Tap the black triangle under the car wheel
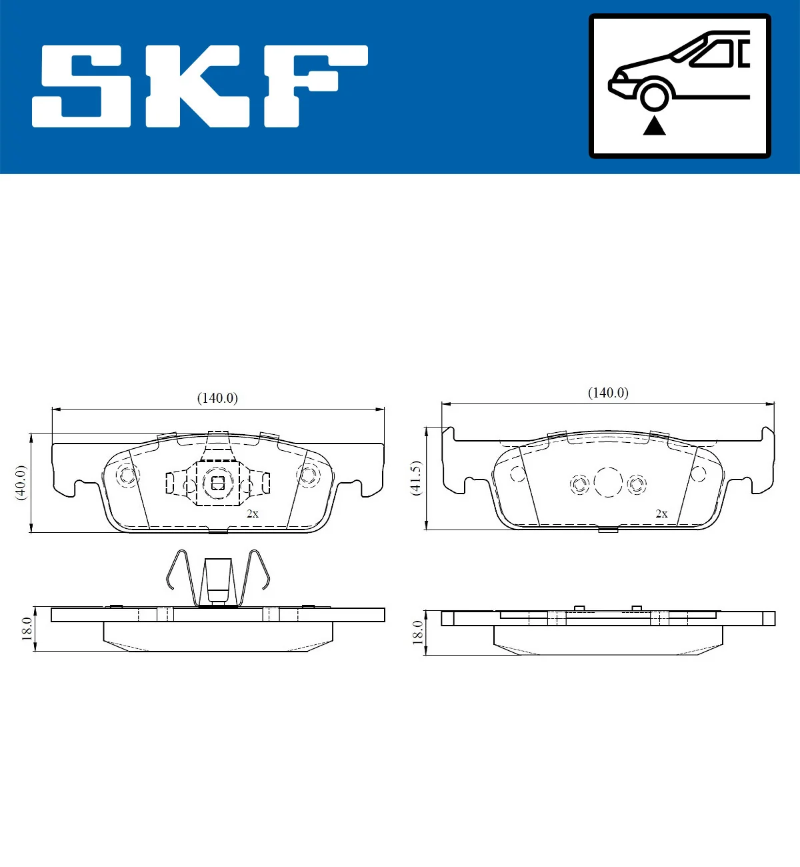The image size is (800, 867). point(654,125)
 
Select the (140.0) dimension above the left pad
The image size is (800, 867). point(217,398)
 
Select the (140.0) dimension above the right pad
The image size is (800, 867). point(607,393)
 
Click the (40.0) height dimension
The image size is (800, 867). point(21,483)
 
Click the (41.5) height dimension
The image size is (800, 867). point(415,478)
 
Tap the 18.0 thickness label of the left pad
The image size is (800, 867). point(27,628)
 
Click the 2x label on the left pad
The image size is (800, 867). point(252,514)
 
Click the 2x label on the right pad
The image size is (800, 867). point(661,514)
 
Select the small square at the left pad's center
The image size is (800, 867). point(217,483)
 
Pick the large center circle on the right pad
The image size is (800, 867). point(608,482)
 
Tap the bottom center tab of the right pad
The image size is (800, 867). point(608,530)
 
